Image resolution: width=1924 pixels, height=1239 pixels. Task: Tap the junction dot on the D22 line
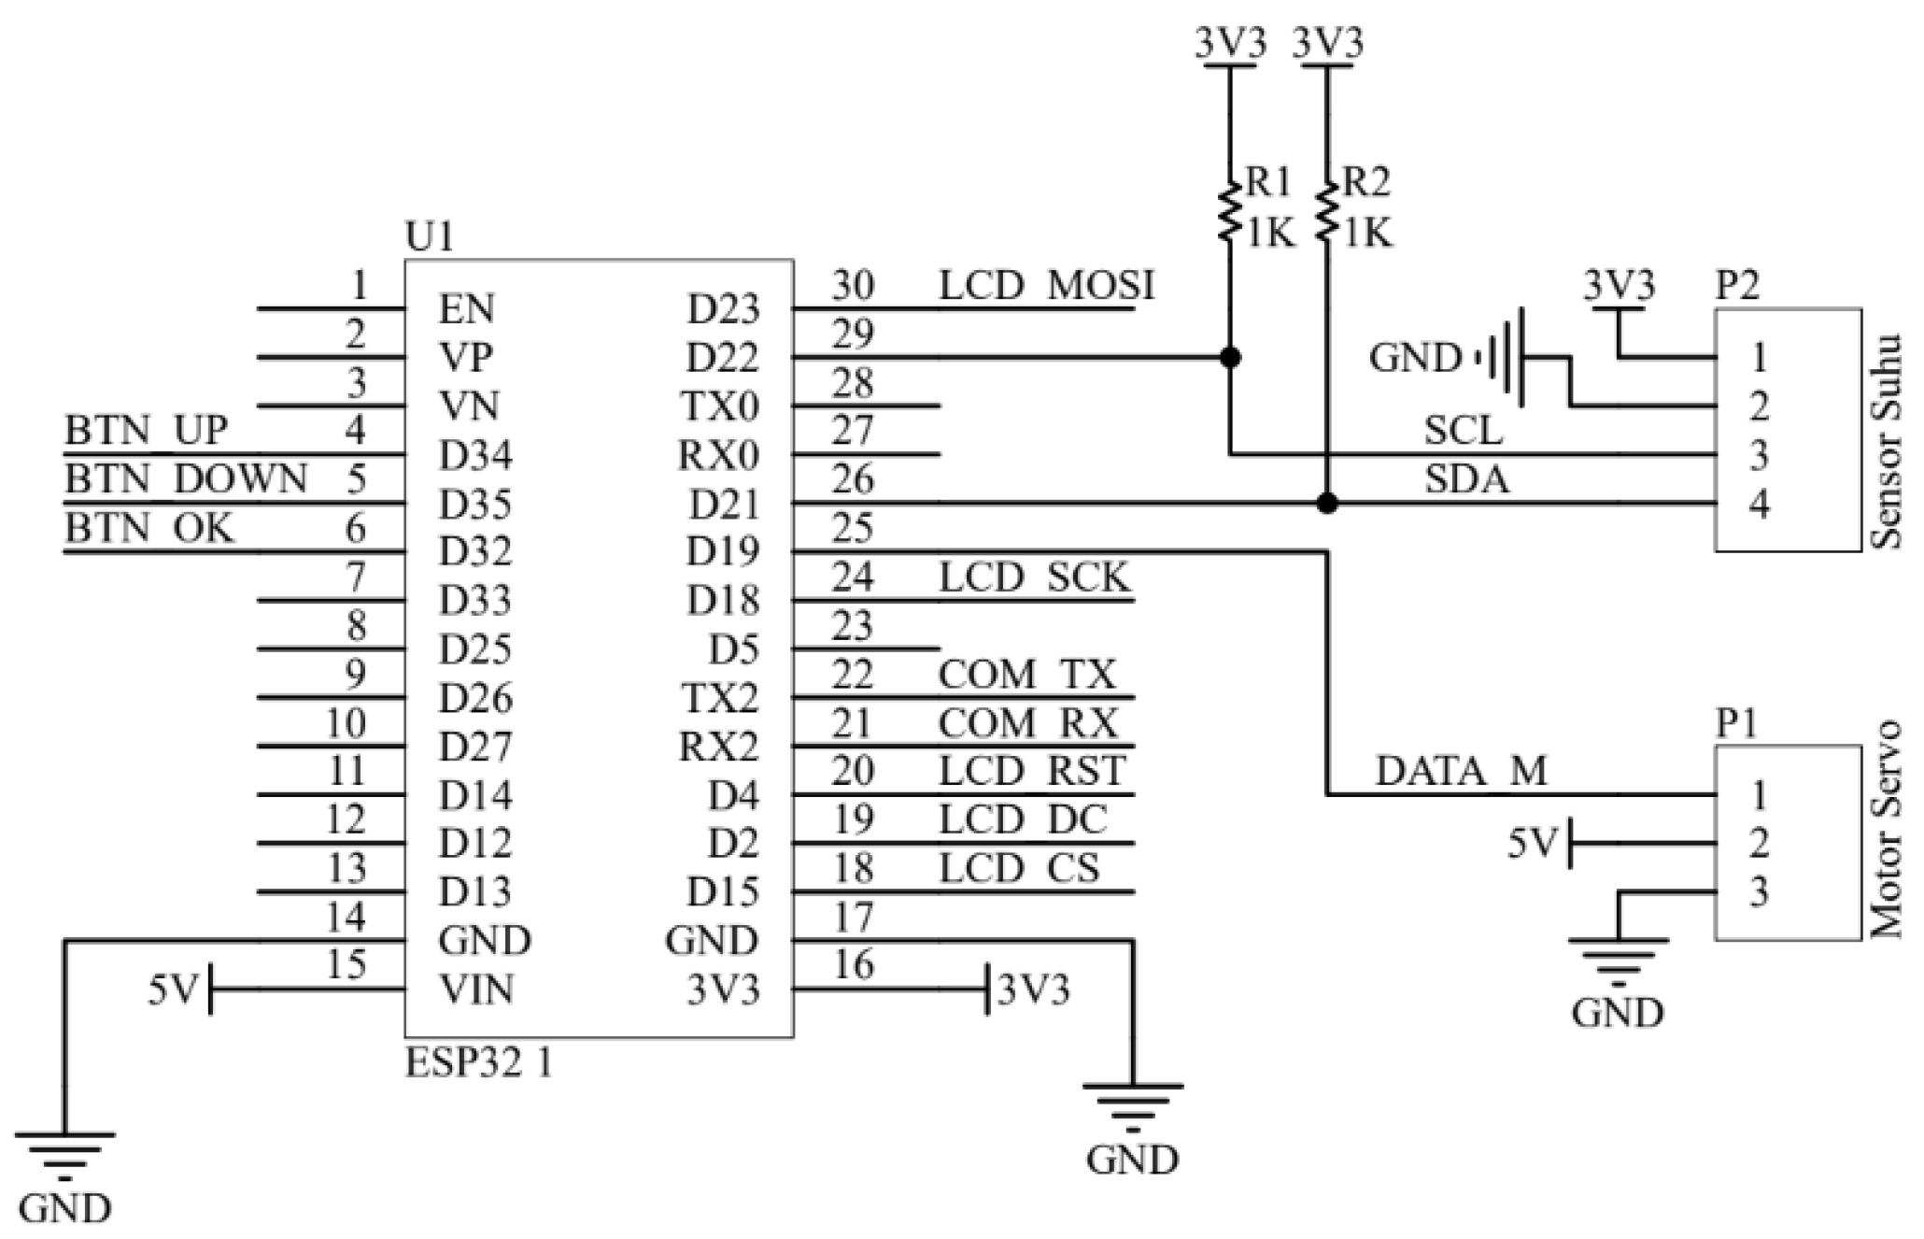click(x=1230, y=357)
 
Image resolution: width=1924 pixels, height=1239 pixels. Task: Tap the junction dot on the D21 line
click(x=1326, y=504)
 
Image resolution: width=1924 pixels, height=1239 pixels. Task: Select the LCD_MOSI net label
click(x=1046, y=285)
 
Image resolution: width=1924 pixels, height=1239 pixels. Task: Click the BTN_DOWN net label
click(x=186, y=479)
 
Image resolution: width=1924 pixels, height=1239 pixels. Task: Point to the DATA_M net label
click(x=1462, y=772)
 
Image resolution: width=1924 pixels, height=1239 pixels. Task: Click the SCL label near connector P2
click(x=1463, y=431)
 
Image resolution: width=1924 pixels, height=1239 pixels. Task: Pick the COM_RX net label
click(x=1027, y=723)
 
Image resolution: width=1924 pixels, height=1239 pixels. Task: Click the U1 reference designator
click(x=430, y=237)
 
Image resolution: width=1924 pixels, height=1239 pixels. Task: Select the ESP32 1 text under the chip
click(x=478, y=1063)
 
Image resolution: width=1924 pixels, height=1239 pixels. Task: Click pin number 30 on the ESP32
click(x=852, y=285)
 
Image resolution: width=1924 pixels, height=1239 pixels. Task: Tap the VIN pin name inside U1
click(x=476, y=990)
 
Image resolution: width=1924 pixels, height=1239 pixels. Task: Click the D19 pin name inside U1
click(x=723, y=551)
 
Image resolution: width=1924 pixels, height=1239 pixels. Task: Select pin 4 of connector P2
click(x=1759, y=505)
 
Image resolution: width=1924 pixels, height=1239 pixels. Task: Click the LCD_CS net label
click(x=1019, y=869)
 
